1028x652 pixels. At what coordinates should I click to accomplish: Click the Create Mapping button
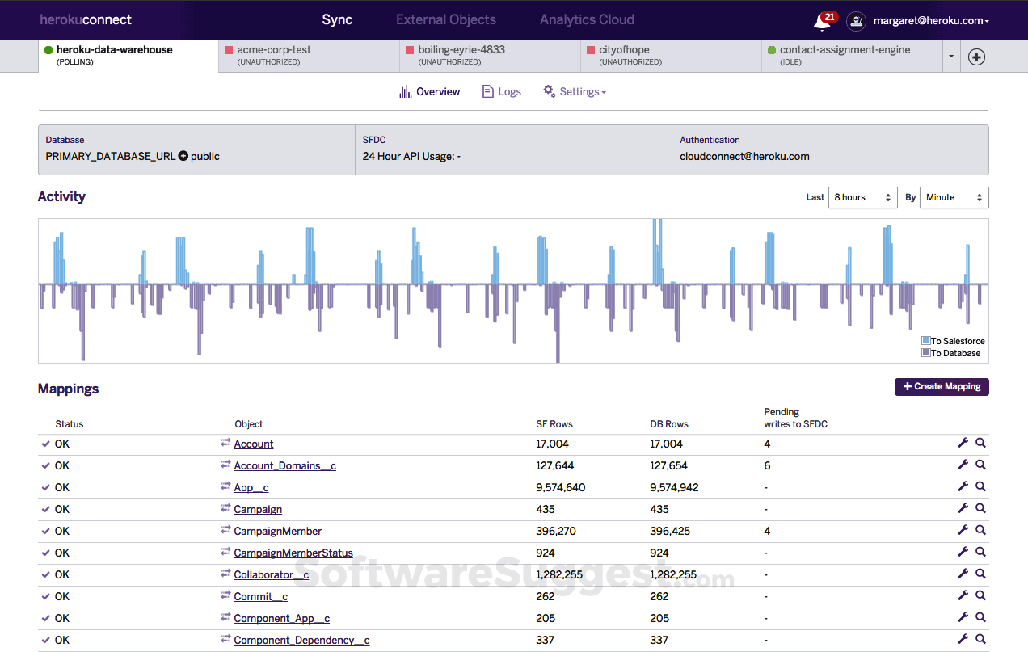tap(942, 387)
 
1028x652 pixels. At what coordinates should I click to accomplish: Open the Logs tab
tap(502, 92)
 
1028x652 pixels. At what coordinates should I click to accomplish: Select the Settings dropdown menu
tap(575, 92)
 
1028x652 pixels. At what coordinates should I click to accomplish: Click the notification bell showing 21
tap(823, 22)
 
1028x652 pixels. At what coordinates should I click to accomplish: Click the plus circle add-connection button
tap(976, 57)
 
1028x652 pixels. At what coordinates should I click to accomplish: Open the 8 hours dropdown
tap(862, 197)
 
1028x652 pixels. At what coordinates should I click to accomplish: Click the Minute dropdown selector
tap(954, 197)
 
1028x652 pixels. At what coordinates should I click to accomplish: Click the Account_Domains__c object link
tap(284, 466)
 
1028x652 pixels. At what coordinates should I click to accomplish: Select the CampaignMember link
tap(277, 532)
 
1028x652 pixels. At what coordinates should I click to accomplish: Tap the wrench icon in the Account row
tap(963, 444)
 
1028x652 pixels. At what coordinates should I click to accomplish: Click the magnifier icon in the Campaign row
tap(980, 509)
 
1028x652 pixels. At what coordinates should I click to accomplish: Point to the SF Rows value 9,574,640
tap(560, 488)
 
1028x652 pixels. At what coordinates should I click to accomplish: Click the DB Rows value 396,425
tap(674, 532)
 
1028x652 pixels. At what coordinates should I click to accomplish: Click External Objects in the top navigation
tap(446, 19)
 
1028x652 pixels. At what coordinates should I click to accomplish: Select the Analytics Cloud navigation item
tap(587, 19)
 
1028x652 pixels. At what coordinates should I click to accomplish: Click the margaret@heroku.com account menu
tap(930, 21)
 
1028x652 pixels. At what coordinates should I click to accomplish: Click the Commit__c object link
tap(260, 597)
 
